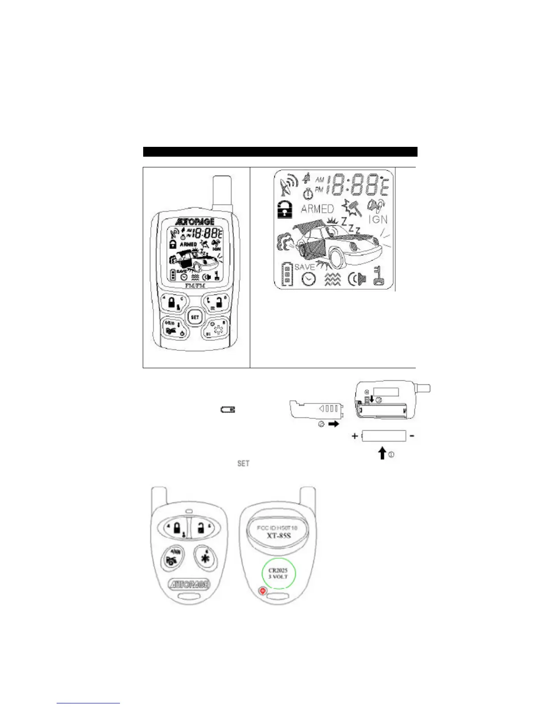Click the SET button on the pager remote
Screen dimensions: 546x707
195,317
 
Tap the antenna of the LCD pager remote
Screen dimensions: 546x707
222,192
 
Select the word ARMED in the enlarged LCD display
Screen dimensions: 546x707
317,208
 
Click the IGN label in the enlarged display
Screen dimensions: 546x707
378,219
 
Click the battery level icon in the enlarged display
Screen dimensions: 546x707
287,274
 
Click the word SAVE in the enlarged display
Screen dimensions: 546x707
305,266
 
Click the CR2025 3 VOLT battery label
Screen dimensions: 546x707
278,574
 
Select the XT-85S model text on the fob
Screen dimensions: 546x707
279,535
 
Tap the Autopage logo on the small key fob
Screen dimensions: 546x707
190,584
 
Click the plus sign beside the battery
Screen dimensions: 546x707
355,436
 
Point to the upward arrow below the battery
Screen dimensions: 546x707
382,454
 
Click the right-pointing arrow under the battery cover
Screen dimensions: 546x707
333,424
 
